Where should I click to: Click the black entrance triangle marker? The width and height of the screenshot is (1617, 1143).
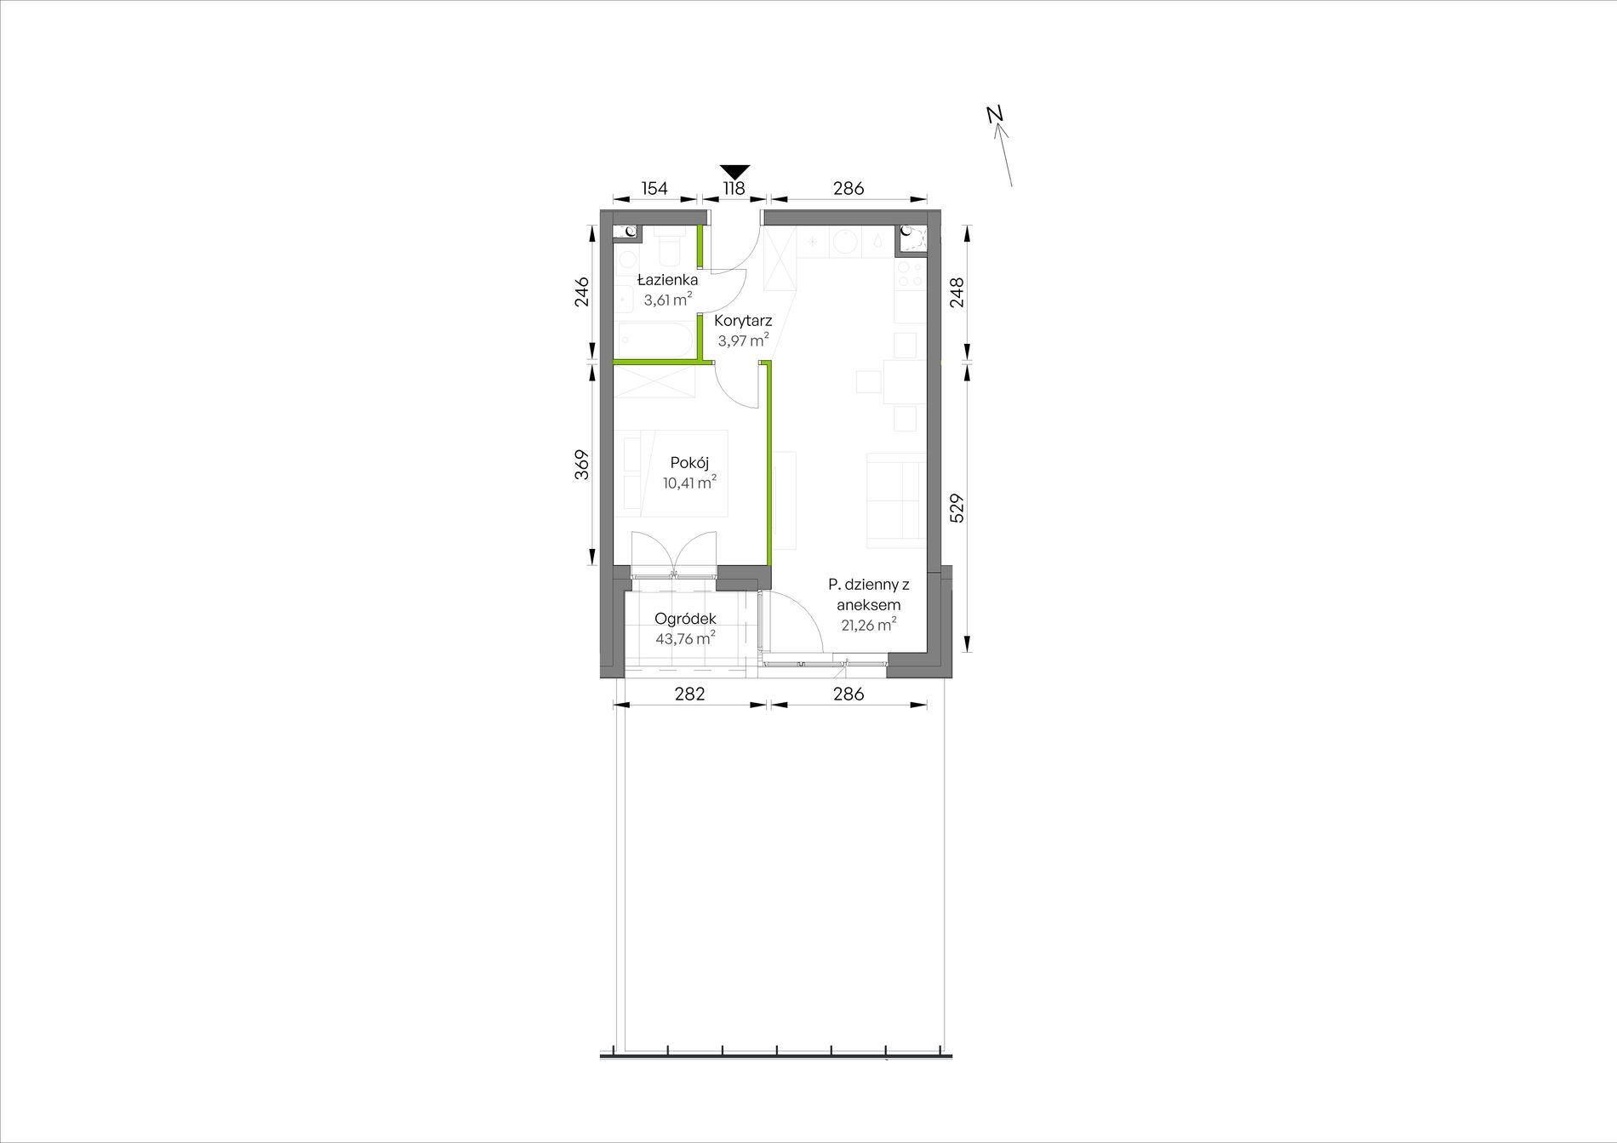coord(734,171)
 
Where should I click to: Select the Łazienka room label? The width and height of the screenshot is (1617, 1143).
coord(668,280)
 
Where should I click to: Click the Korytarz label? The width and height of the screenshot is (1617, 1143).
coord(744,321)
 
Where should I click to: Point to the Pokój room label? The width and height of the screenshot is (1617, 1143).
coord(689,463)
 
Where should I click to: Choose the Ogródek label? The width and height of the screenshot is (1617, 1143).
coord(685,619)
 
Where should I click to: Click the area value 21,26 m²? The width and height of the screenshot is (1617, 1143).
coord(867,625)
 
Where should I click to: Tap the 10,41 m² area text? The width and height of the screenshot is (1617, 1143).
coord(689,483)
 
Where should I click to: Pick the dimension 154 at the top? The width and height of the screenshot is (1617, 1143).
coord(654,188)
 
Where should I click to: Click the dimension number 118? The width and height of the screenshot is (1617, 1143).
coord(734,188)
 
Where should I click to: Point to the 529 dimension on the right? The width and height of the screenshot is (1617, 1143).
coord(957,507)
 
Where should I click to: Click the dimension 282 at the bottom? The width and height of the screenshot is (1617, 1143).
coord(689,694)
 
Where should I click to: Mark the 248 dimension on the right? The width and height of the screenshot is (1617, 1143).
coord(957,293)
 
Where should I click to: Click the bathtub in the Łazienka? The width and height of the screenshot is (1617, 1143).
coord(656,339)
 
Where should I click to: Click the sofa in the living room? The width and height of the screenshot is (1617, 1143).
coord(895,500)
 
